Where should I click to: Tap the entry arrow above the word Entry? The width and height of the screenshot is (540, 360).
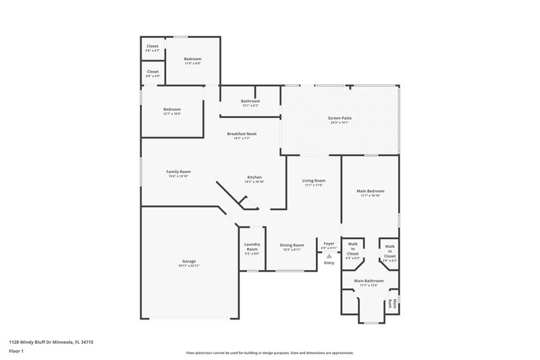pyautogui.click(x=329, y=256)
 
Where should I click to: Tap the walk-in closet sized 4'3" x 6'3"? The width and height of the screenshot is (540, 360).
pyautogui.click(x=352, y=251)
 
